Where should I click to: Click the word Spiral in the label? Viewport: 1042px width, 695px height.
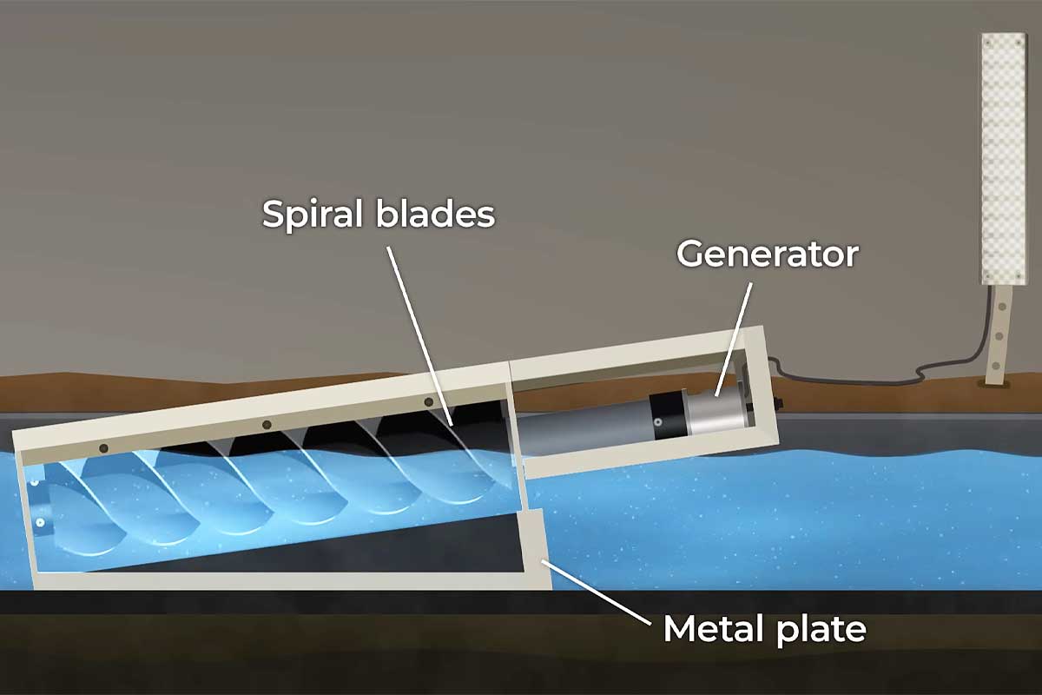click(313, 215)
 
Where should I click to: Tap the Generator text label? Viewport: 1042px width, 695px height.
click(767, 254)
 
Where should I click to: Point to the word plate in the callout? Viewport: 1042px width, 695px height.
click(822, 628)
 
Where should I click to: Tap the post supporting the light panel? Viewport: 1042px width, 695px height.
click(1000, 334)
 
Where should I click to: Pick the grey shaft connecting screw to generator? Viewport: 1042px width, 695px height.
click(573, 432)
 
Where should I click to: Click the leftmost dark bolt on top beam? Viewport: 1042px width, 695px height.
click(103, 448)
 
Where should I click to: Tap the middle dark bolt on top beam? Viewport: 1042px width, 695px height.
click(267, 425)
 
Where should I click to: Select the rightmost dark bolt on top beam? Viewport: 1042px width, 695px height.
click(428, 402)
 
